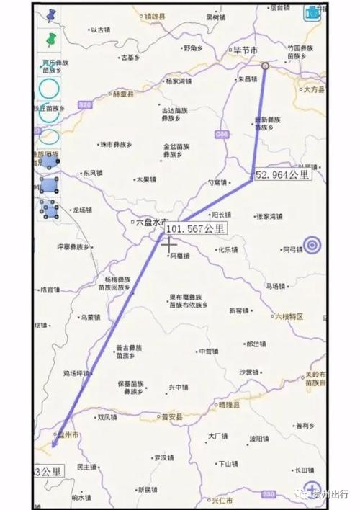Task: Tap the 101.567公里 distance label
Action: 196,228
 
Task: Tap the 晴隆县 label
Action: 228,405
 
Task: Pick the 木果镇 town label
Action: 145,179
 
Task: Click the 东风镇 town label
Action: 92,173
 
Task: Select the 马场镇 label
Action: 277,286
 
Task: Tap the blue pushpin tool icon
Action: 50,14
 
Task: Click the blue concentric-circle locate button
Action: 312,246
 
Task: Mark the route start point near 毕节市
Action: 264,66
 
